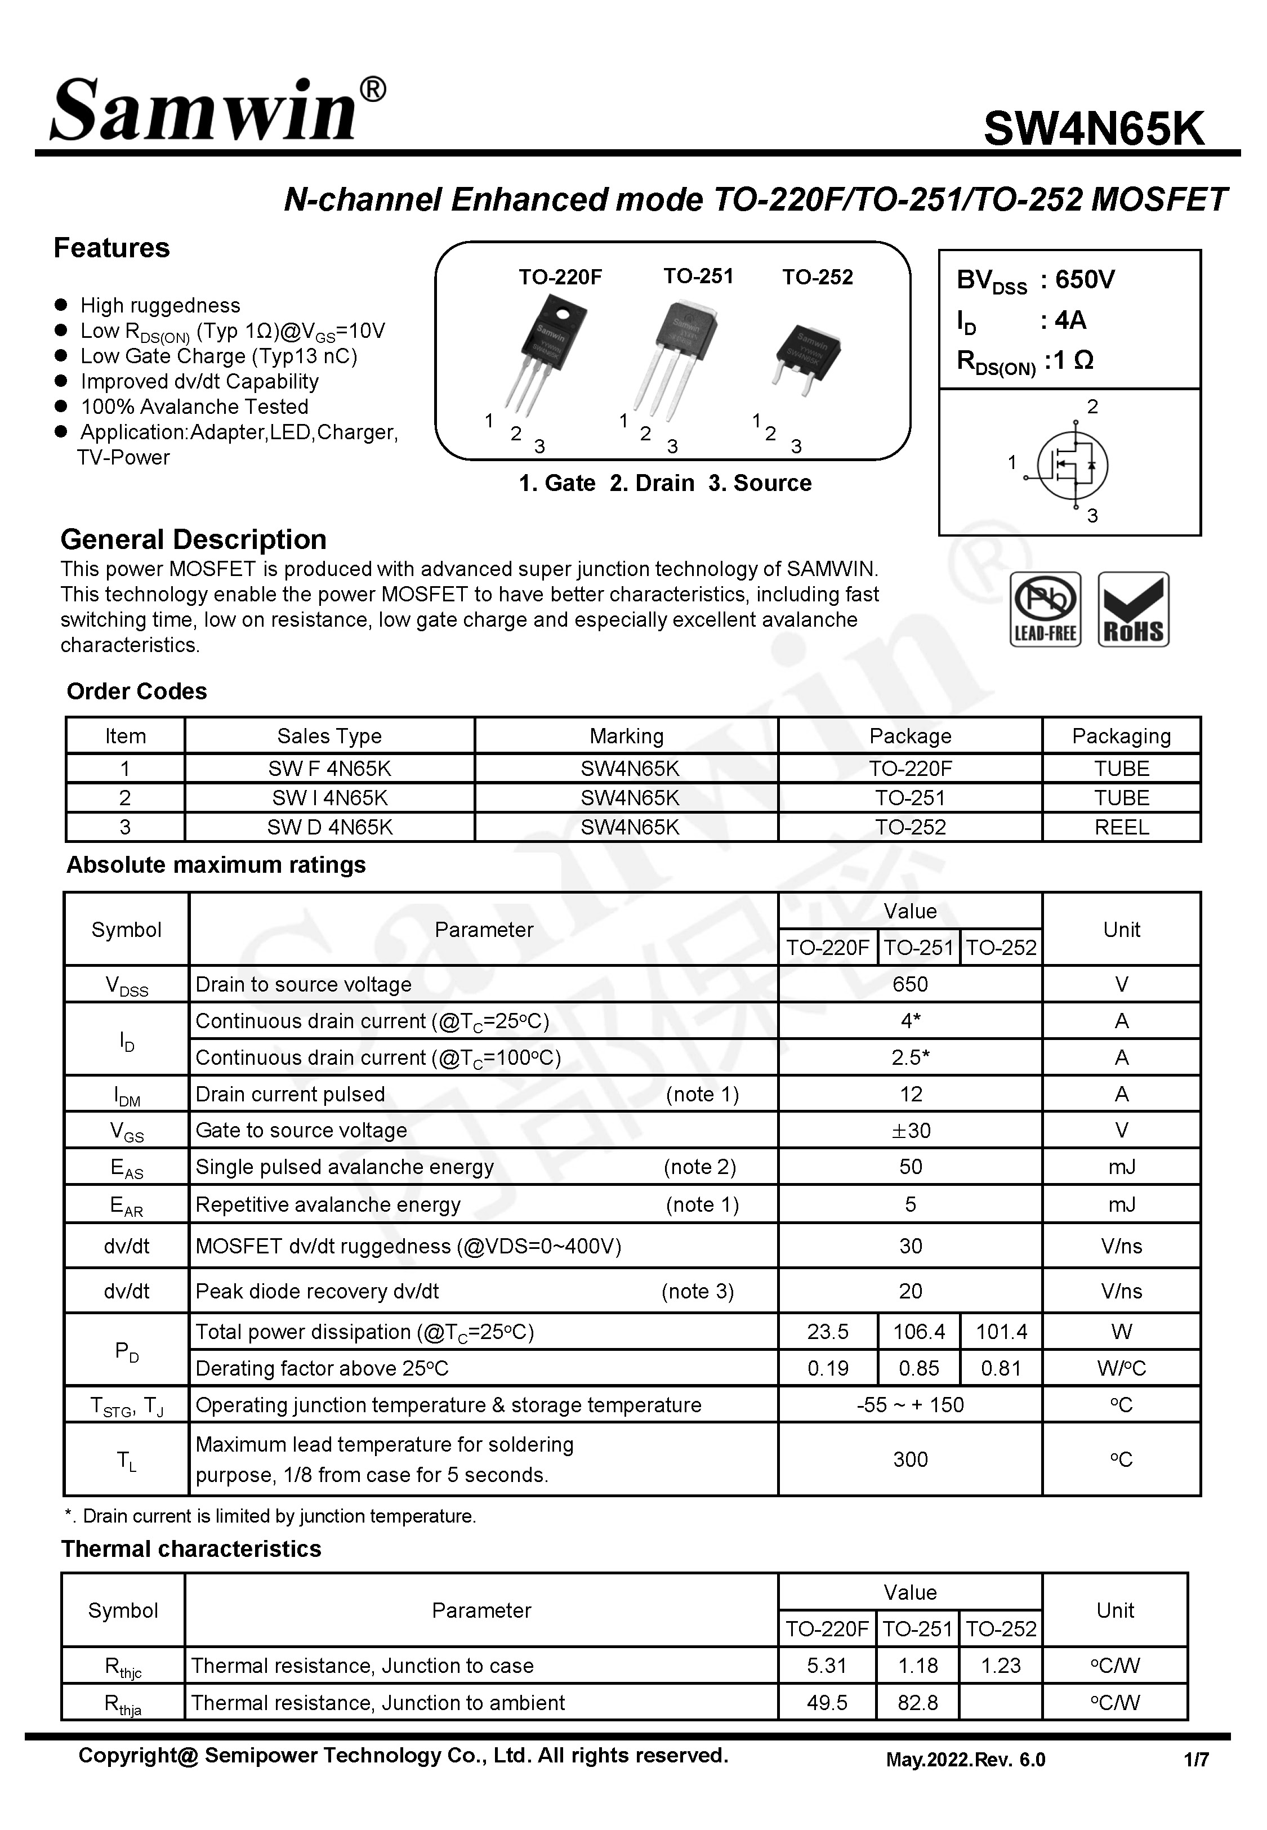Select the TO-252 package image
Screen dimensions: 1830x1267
coord(806,357)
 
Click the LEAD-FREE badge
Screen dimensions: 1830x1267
coord(1045,609)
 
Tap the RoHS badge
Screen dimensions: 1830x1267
coord(1133,609)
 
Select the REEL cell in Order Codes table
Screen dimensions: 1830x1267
coord(1121,827)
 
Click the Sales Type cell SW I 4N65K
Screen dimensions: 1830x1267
coord(329,797)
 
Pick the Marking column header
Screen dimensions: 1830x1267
coord(626,735)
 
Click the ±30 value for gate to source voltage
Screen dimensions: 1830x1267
coord(910,1130)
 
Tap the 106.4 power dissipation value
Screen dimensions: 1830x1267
coord(918,1331)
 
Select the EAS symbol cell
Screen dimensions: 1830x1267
coord(126,1167)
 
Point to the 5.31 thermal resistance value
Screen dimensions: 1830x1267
coord(827,1665)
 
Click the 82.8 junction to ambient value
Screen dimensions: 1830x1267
coord(918,1702)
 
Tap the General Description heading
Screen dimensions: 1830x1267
coord(193,539)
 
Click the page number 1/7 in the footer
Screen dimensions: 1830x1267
coord(1195,1760)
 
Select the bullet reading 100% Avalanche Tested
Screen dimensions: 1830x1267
coord(194,407)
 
